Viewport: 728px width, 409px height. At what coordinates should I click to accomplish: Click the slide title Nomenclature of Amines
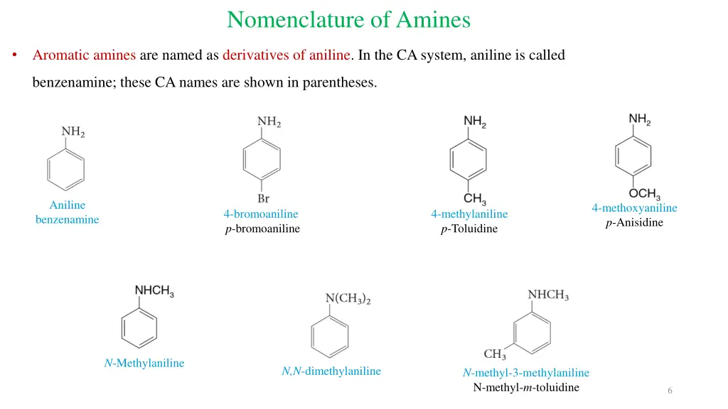coord(348,19)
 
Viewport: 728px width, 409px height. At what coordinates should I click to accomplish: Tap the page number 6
coord(670,391)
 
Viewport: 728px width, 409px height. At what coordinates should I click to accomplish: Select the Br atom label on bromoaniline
coord(262,199)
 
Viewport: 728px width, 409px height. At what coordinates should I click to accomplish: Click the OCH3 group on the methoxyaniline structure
coord(644,193)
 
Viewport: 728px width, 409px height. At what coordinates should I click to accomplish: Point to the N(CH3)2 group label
coord(348,300)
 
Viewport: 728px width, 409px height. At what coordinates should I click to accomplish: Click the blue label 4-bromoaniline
coord(261,214)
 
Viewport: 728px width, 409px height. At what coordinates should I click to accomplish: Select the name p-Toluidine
coord(469,229)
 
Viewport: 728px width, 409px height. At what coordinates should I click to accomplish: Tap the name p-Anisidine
coord(634,222)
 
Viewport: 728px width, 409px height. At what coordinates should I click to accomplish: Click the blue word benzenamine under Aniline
coord(67,219)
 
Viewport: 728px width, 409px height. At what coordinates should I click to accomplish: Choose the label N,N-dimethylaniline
coord(331,371)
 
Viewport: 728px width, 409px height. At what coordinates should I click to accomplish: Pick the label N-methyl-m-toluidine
coord(526,387)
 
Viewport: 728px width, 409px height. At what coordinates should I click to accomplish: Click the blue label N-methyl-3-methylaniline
coord(526,373)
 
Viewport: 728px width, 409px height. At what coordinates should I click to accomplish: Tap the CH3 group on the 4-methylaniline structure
coord(474,199)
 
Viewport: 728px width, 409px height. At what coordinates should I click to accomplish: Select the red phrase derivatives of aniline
coord(287,55)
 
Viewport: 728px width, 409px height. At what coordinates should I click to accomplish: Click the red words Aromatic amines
coord(85,55)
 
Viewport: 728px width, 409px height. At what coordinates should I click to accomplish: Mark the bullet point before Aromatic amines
coord(15,55)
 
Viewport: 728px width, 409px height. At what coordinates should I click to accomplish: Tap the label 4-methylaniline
coord(469,214)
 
